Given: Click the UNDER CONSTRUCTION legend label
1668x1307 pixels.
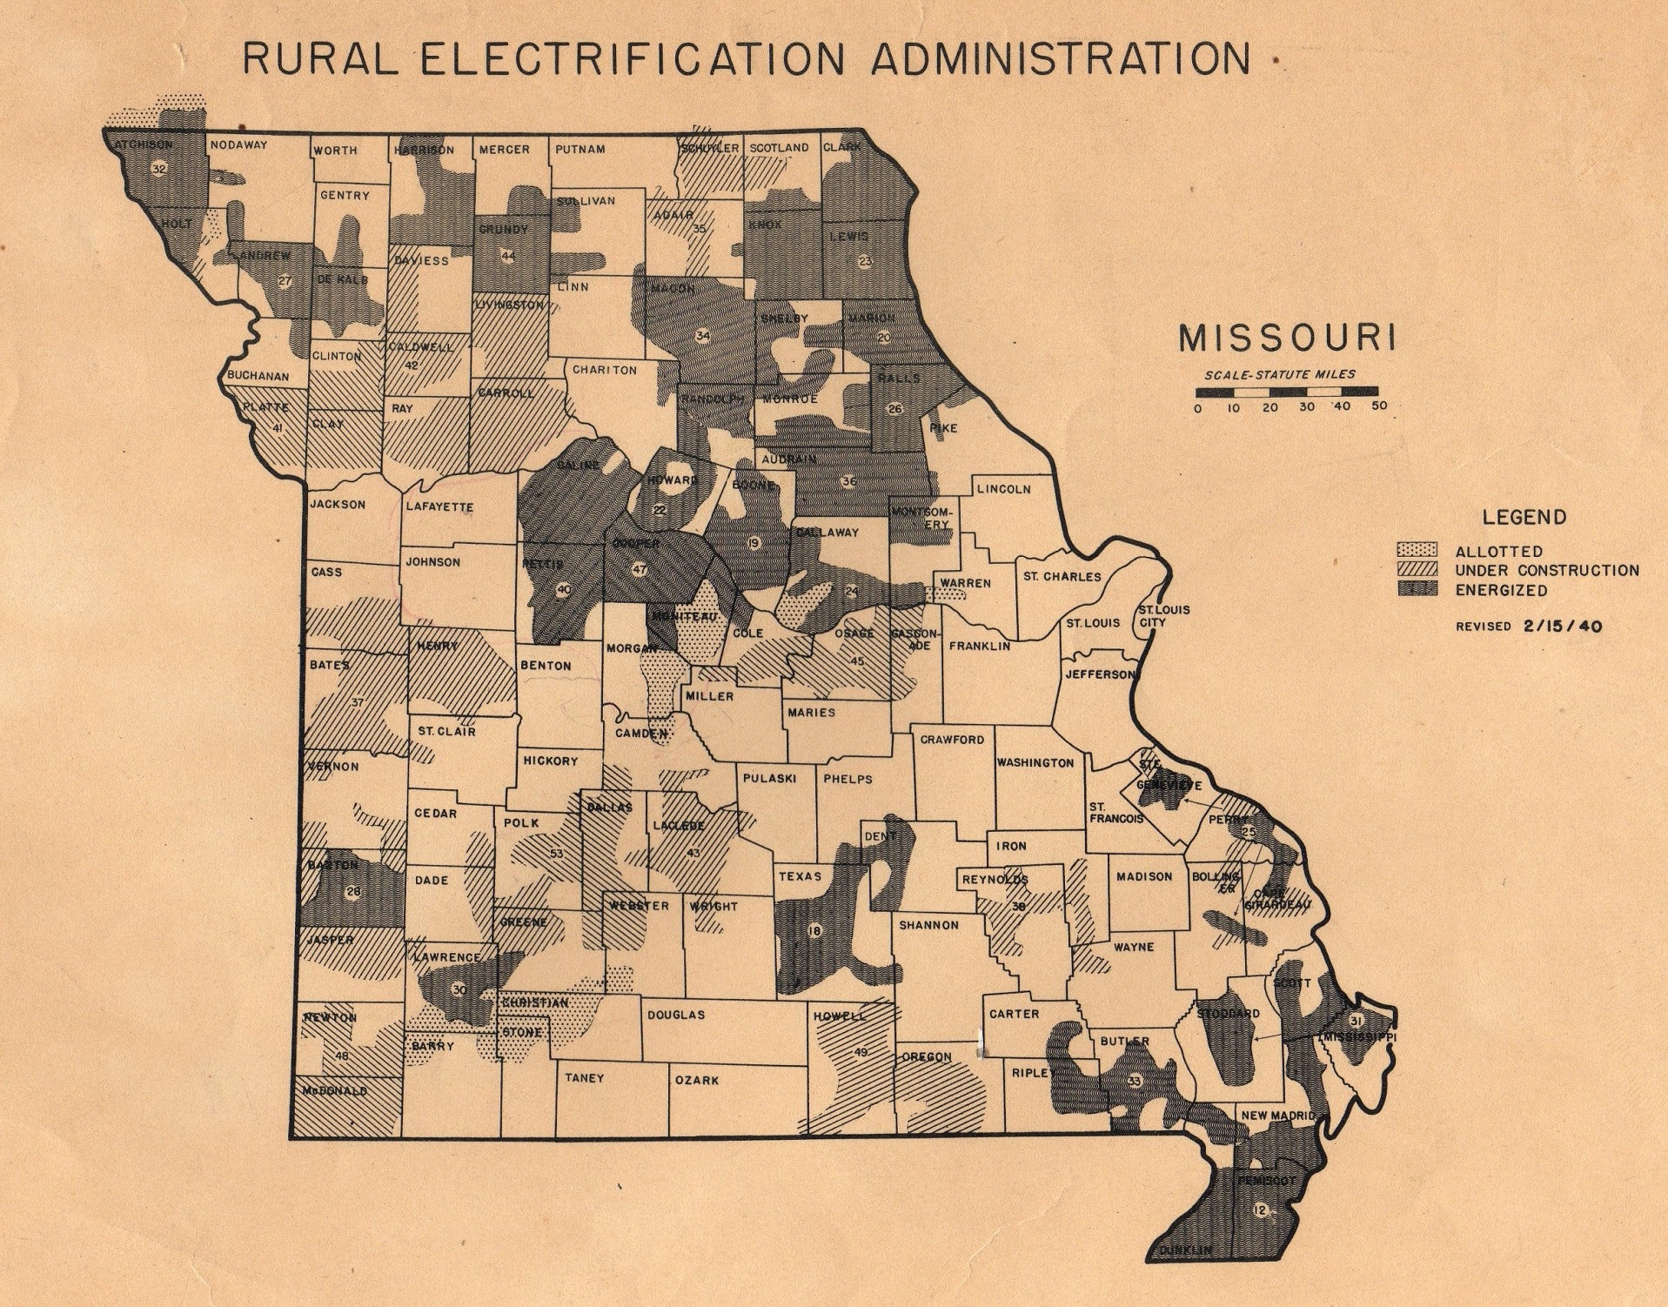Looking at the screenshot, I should [x=1547, y=571].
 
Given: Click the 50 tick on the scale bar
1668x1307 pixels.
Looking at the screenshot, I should [x=1378, y=406].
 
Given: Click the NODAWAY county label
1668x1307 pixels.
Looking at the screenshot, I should [x=238, y=145].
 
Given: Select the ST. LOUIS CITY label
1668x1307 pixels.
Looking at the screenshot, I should [x=1163, y=616].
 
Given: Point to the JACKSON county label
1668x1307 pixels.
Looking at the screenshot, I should [x=338, y=504].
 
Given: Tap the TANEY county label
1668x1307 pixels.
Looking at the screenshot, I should [x=584, y=1078].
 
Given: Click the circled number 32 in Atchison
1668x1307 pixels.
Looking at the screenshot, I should [x=158, y=169].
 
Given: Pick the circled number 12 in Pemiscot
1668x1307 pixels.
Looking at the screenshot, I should [x=1259, y=1210].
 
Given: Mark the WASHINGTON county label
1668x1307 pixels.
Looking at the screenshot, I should [x=1035, y=762].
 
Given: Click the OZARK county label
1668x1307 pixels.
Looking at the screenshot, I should [x=697, y=1080].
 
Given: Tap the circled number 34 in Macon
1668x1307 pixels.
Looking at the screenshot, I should [x=703, y=335].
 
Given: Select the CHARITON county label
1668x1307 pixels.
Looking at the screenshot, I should [x=604, y=370].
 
